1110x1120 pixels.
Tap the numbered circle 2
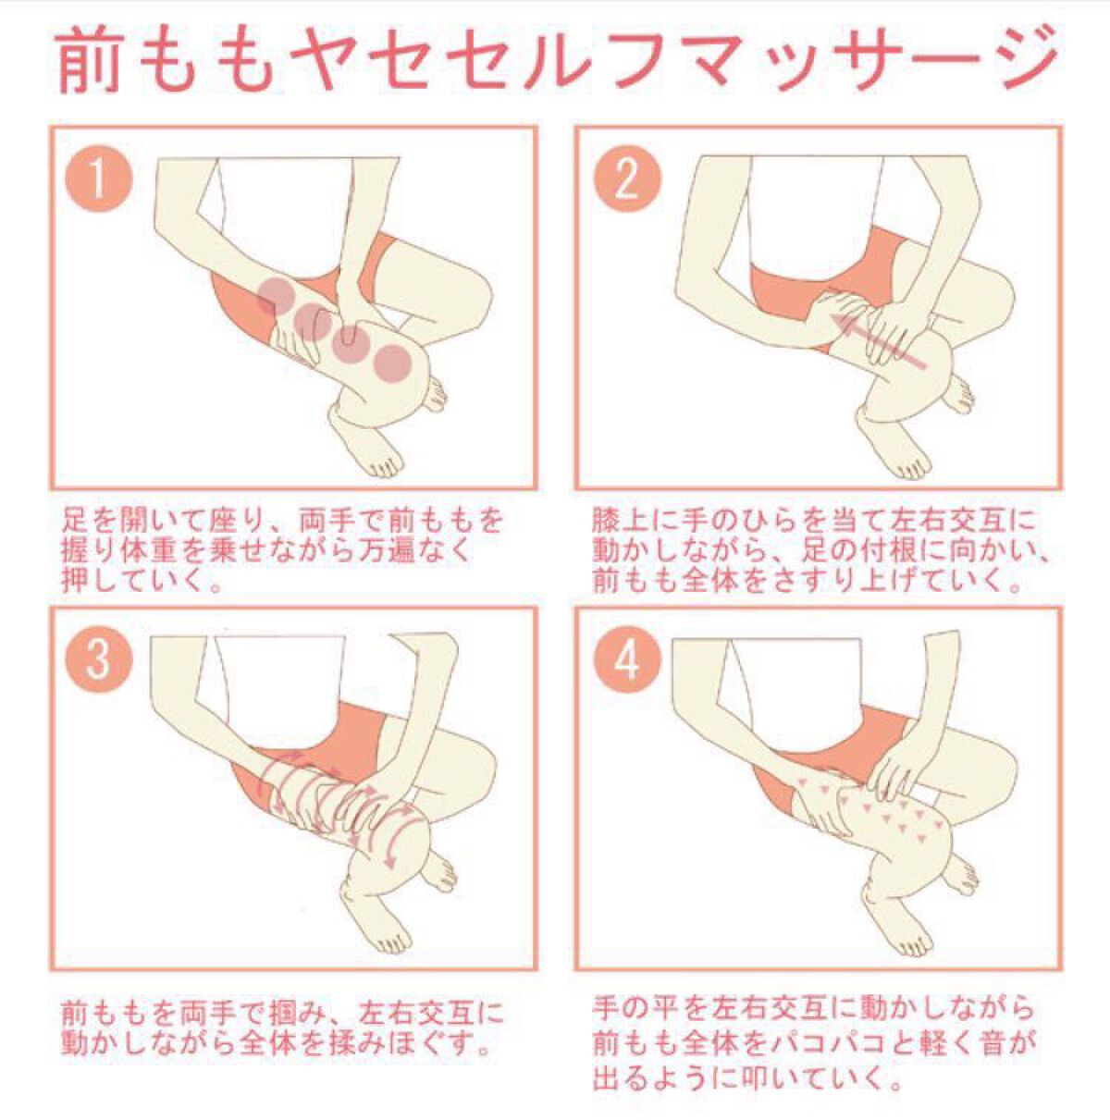[627, 178]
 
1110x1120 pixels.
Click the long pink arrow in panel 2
[877, 341]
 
